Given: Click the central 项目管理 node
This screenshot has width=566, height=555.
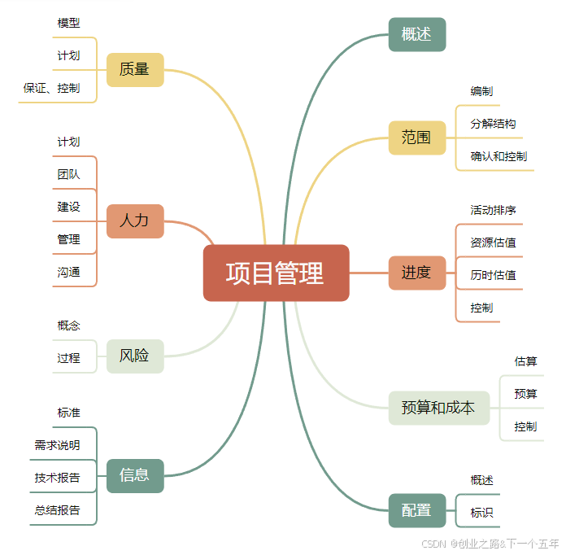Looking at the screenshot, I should [x=276, y=273].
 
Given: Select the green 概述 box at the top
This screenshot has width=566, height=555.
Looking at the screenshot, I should [x=416, y=34].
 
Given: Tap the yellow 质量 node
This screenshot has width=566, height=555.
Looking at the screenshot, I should [x=135, y=69].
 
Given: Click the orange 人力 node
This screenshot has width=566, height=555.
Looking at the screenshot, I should [x=135, y=221].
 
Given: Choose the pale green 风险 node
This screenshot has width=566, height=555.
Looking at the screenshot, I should [x=135, y=356].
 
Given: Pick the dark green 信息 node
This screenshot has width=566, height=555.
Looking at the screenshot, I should [x=135, y=475].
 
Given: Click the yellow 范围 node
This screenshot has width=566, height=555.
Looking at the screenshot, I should [x=416, y=138].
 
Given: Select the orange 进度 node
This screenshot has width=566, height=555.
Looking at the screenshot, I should [x=416, y=273].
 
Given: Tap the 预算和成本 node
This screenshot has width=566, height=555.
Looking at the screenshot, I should [x=438, y=408].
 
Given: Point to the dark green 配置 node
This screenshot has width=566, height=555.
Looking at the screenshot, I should [x=416, y=510].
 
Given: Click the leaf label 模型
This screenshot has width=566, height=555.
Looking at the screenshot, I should [x=69, y=23].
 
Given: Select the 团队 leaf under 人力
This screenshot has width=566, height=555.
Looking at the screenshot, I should [x=69, y=174].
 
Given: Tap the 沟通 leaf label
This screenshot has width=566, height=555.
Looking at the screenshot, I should [x=69, y=272].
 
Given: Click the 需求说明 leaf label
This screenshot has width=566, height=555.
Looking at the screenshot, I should [x=58, y=445].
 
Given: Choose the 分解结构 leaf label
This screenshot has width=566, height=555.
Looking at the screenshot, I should [x=493, y=124].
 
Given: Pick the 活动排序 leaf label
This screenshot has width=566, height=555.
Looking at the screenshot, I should [x=493, y=210].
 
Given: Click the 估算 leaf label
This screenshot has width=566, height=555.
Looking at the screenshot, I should [x=525, y=361].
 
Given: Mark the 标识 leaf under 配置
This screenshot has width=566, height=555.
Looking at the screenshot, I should [x=481, y=513].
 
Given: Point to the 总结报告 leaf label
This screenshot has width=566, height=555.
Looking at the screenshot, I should [x=58, y=510].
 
